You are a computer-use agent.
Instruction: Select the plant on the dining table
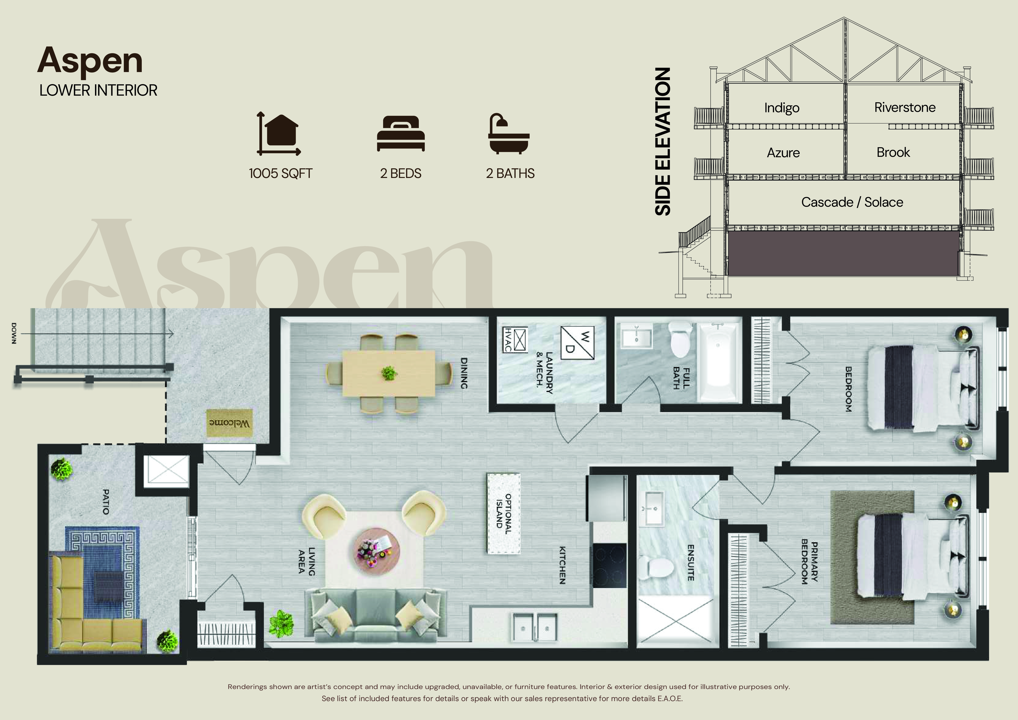389,373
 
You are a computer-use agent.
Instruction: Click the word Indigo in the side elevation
782,108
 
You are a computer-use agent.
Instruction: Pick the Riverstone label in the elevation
905,107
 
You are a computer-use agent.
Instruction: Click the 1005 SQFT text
281,173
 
